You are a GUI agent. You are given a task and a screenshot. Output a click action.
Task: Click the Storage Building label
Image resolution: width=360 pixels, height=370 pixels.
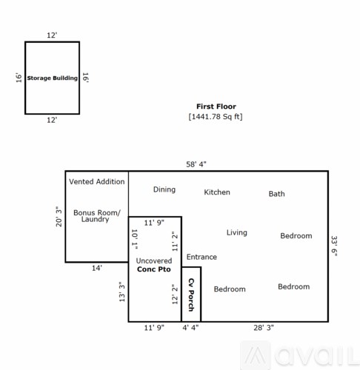(52, 78)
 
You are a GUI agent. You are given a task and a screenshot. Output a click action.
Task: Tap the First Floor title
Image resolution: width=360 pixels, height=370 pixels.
(216, 107)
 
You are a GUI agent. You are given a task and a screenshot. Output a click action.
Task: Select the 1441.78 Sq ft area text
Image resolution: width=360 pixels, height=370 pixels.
(216, 117)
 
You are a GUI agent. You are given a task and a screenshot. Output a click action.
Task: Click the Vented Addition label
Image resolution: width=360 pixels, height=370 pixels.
(96, 181)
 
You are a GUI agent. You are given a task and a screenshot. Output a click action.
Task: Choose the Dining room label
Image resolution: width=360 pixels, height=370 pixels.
(164, 189)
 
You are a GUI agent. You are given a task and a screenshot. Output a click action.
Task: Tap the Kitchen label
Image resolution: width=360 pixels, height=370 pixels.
(217, 192)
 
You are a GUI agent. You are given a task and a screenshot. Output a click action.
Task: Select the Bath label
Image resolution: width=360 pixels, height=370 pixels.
(276, 194)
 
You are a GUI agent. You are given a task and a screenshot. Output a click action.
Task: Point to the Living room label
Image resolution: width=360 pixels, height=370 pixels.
(236, 232)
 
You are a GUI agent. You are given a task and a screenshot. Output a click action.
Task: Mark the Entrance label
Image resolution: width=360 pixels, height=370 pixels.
(201, 257)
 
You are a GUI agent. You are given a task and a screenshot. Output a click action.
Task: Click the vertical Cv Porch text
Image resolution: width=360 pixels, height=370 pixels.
(190, 294)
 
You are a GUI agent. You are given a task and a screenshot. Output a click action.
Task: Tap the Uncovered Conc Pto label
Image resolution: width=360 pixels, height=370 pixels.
(154, 264)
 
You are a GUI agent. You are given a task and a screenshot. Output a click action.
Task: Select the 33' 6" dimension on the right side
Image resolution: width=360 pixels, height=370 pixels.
(335, 245)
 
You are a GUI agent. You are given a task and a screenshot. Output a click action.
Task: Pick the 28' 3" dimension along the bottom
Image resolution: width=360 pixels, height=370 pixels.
(263, 326)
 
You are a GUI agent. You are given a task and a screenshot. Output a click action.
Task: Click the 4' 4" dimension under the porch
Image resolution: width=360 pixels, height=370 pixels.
(190, 326)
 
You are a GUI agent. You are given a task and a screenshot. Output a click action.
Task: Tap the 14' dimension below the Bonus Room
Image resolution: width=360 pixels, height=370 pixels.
(97, 268)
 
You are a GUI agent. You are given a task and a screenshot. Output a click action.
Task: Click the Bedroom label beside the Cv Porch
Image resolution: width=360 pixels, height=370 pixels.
(230, 289)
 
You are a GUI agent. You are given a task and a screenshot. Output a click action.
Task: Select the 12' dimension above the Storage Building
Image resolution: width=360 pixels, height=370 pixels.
(52, 36)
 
